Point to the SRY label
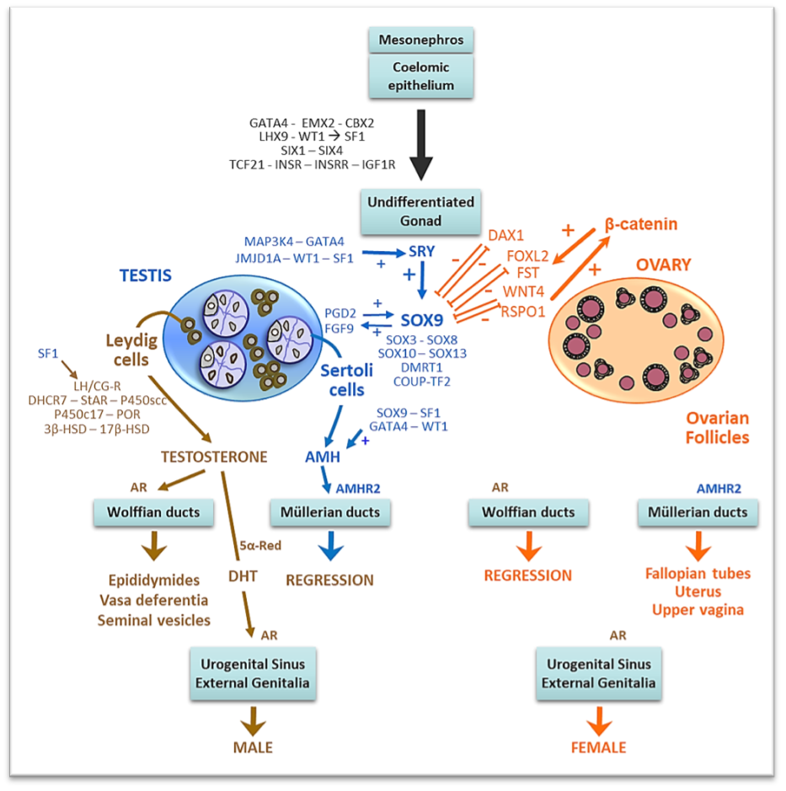[422, 252]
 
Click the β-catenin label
[641, 225]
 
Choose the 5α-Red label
[260, 544]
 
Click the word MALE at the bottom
[253, 747]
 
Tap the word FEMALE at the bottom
[598, 747]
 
